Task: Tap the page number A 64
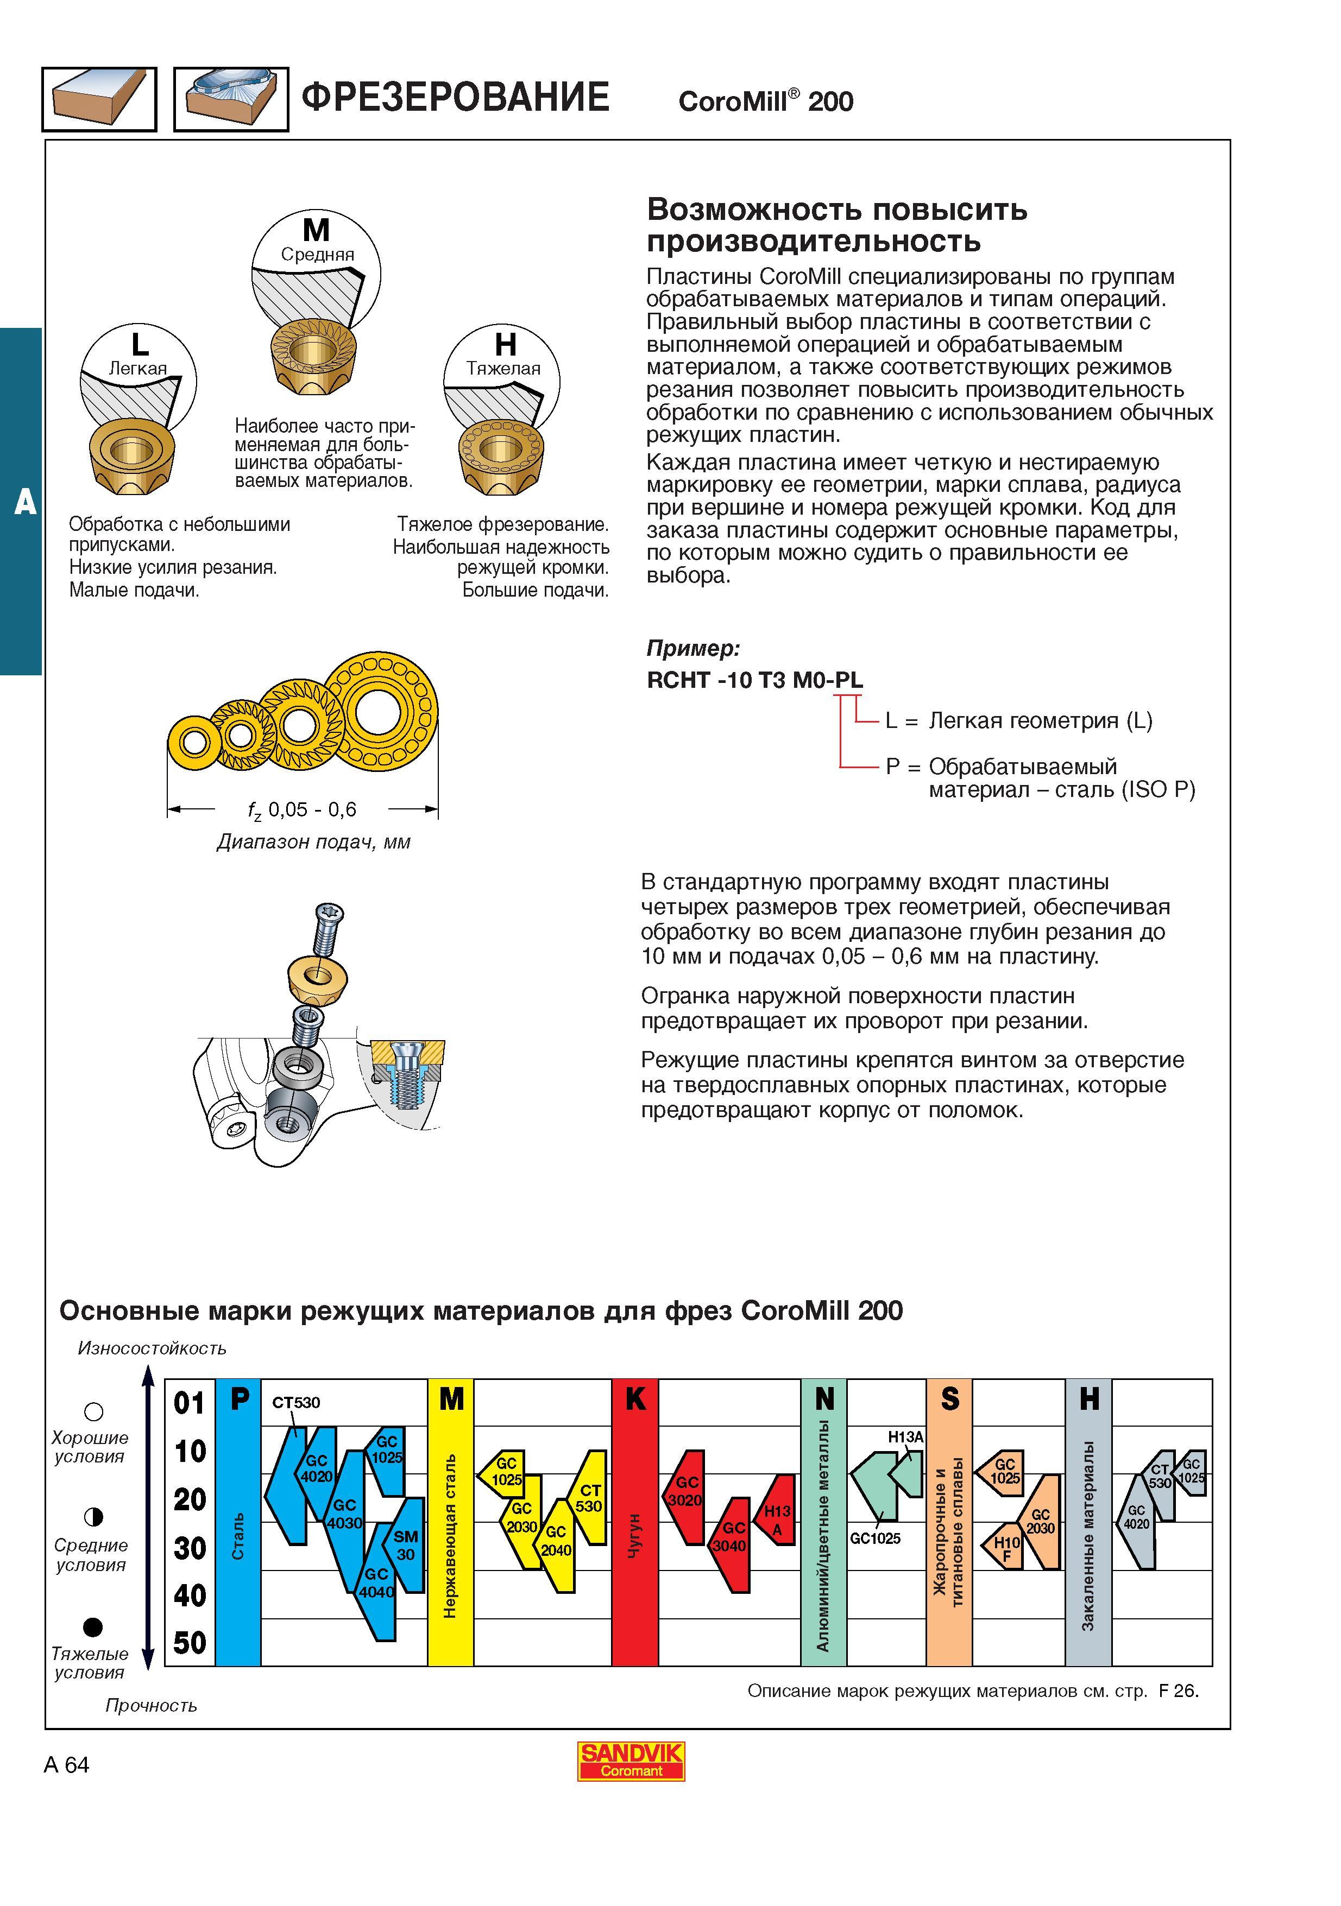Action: pyautogui.click(x=66, y=1765)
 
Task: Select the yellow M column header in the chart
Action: pyautogui.click(x=451, y=1400)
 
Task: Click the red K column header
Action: pyautogui.click(x=635, y=1400)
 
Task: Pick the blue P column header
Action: pyautogui.click(x=238, y=1400)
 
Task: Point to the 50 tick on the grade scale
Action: pyautogui.click(x=190, y=1643)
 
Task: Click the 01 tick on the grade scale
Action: pyautogui.click(x=190, y=1403)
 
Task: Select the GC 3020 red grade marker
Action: pyautogui.click(x=685, y=1492)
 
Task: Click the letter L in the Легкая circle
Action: pyautogui.click(x=140, y=344)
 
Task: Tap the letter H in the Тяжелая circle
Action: pyautogui.click(x=505, y=344)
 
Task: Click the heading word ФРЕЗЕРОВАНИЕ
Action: pyautogui.click(x=455, y=97)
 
